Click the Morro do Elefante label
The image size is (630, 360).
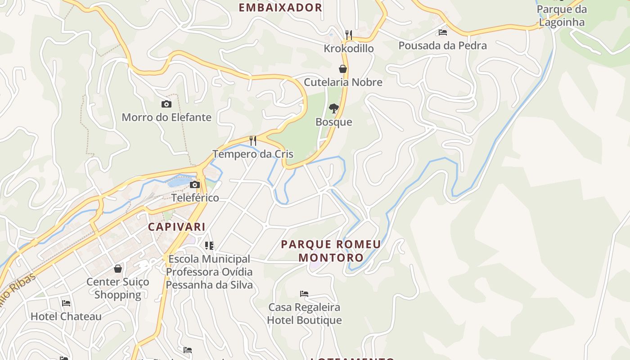(x=166, y=117)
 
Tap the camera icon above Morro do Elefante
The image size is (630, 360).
(x=166, y=104)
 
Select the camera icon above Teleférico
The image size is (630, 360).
(x=195, y=184)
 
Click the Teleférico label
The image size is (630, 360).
(x=195, y=198)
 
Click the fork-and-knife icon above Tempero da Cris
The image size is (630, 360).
(x=253, y=141)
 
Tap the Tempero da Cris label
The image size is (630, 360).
(x=253, y=154)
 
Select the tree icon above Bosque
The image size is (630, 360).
(x=333, y=108)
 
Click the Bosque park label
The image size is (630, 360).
(x=333, y=122)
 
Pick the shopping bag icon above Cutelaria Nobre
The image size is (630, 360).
(x=343, y=69)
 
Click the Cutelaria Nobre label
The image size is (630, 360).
(x=343, y=82)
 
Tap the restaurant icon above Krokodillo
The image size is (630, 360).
(x=348, y=35)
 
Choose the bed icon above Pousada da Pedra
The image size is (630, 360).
(x=443, y=32)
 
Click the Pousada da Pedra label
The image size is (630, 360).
(x=442, y=45)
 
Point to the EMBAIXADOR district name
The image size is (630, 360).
(x=280, y=8)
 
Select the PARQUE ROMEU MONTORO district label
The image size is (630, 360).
(x=331, y=251)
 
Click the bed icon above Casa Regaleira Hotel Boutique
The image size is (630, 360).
(x=304, y=294)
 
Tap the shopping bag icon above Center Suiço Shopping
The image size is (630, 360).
(x=118, y=269)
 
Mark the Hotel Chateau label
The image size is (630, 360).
(x=66, y=316)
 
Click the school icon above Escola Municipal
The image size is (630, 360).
(x=209, y=245)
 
